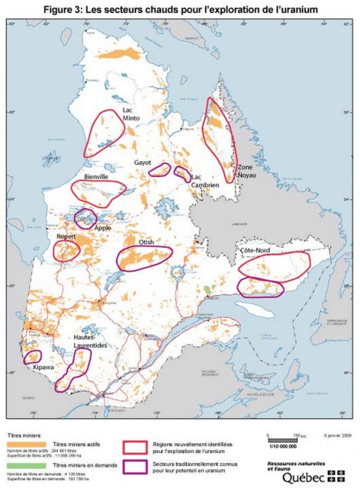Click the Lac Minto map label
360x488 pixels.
tap(132, 114)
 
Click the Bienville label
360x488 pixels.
tap(96, 178)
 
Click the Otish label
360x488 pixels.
tap(146, 242)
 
